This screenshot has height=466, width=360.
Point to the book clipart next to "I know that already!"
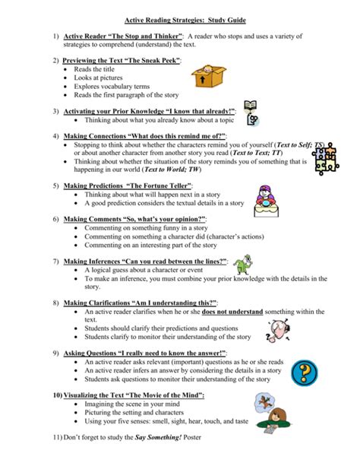pyautogui.click(x=251, y=109)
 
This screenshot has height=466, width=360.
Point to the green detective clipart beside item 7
pyautogui.click(x=242, y=265)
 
